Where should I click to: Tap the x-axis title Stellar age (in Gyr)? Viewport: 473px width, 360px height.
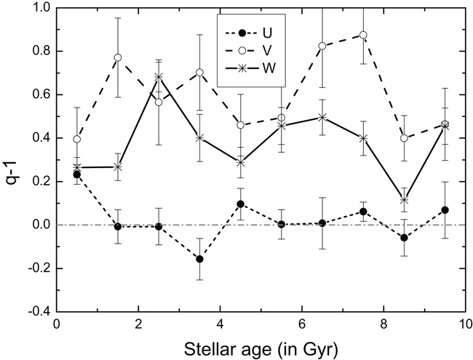(x=264, y=345)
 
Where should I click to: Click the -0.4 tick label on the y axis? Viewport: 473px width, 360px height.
(x=38, y=311)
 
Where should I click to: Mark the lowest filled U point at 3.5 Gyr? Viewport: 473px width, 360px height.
(x=199, y=259)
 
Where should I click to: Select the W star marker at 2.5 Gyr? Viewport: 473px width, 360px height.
(x=159, y=77)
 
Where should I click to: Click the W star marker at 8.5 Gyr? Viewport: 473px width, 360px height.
(x=405, y=200)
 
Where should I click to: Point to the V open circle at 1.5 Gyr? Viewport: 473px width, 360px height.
(x=118, y=57)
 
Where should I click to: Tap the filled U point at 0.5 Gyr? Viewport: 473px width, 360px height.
(x=76, y=175)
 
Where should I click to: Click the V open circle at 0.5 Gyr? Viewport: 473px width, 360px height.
(x=76, y=140)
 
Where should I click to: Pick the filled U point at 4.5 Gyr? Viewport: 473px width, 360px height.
(x=241, y=204)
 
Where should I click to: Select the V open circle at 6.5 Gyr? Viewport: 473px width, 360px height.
(x=322, y=46)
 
